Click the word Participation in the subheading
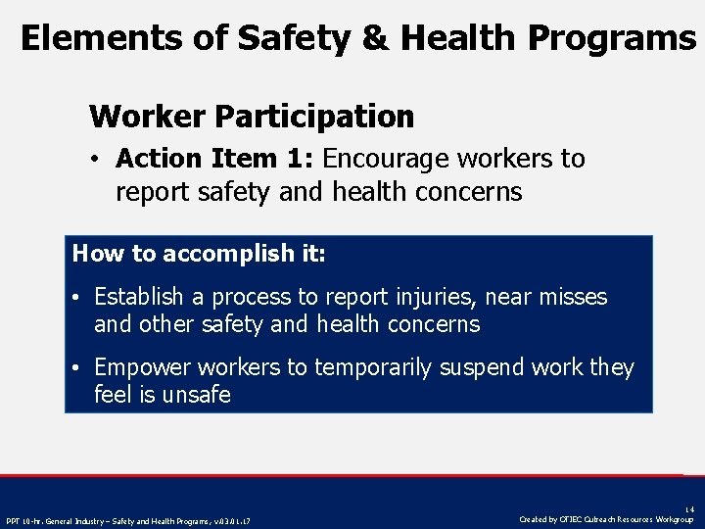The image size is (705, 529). tap(314, 118)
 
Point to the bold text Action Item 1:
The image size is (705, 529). tap(214, 159)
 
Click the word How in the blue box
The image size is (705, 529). tap(94, 254)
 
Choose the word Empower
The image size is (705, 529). tap(141, 368)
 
